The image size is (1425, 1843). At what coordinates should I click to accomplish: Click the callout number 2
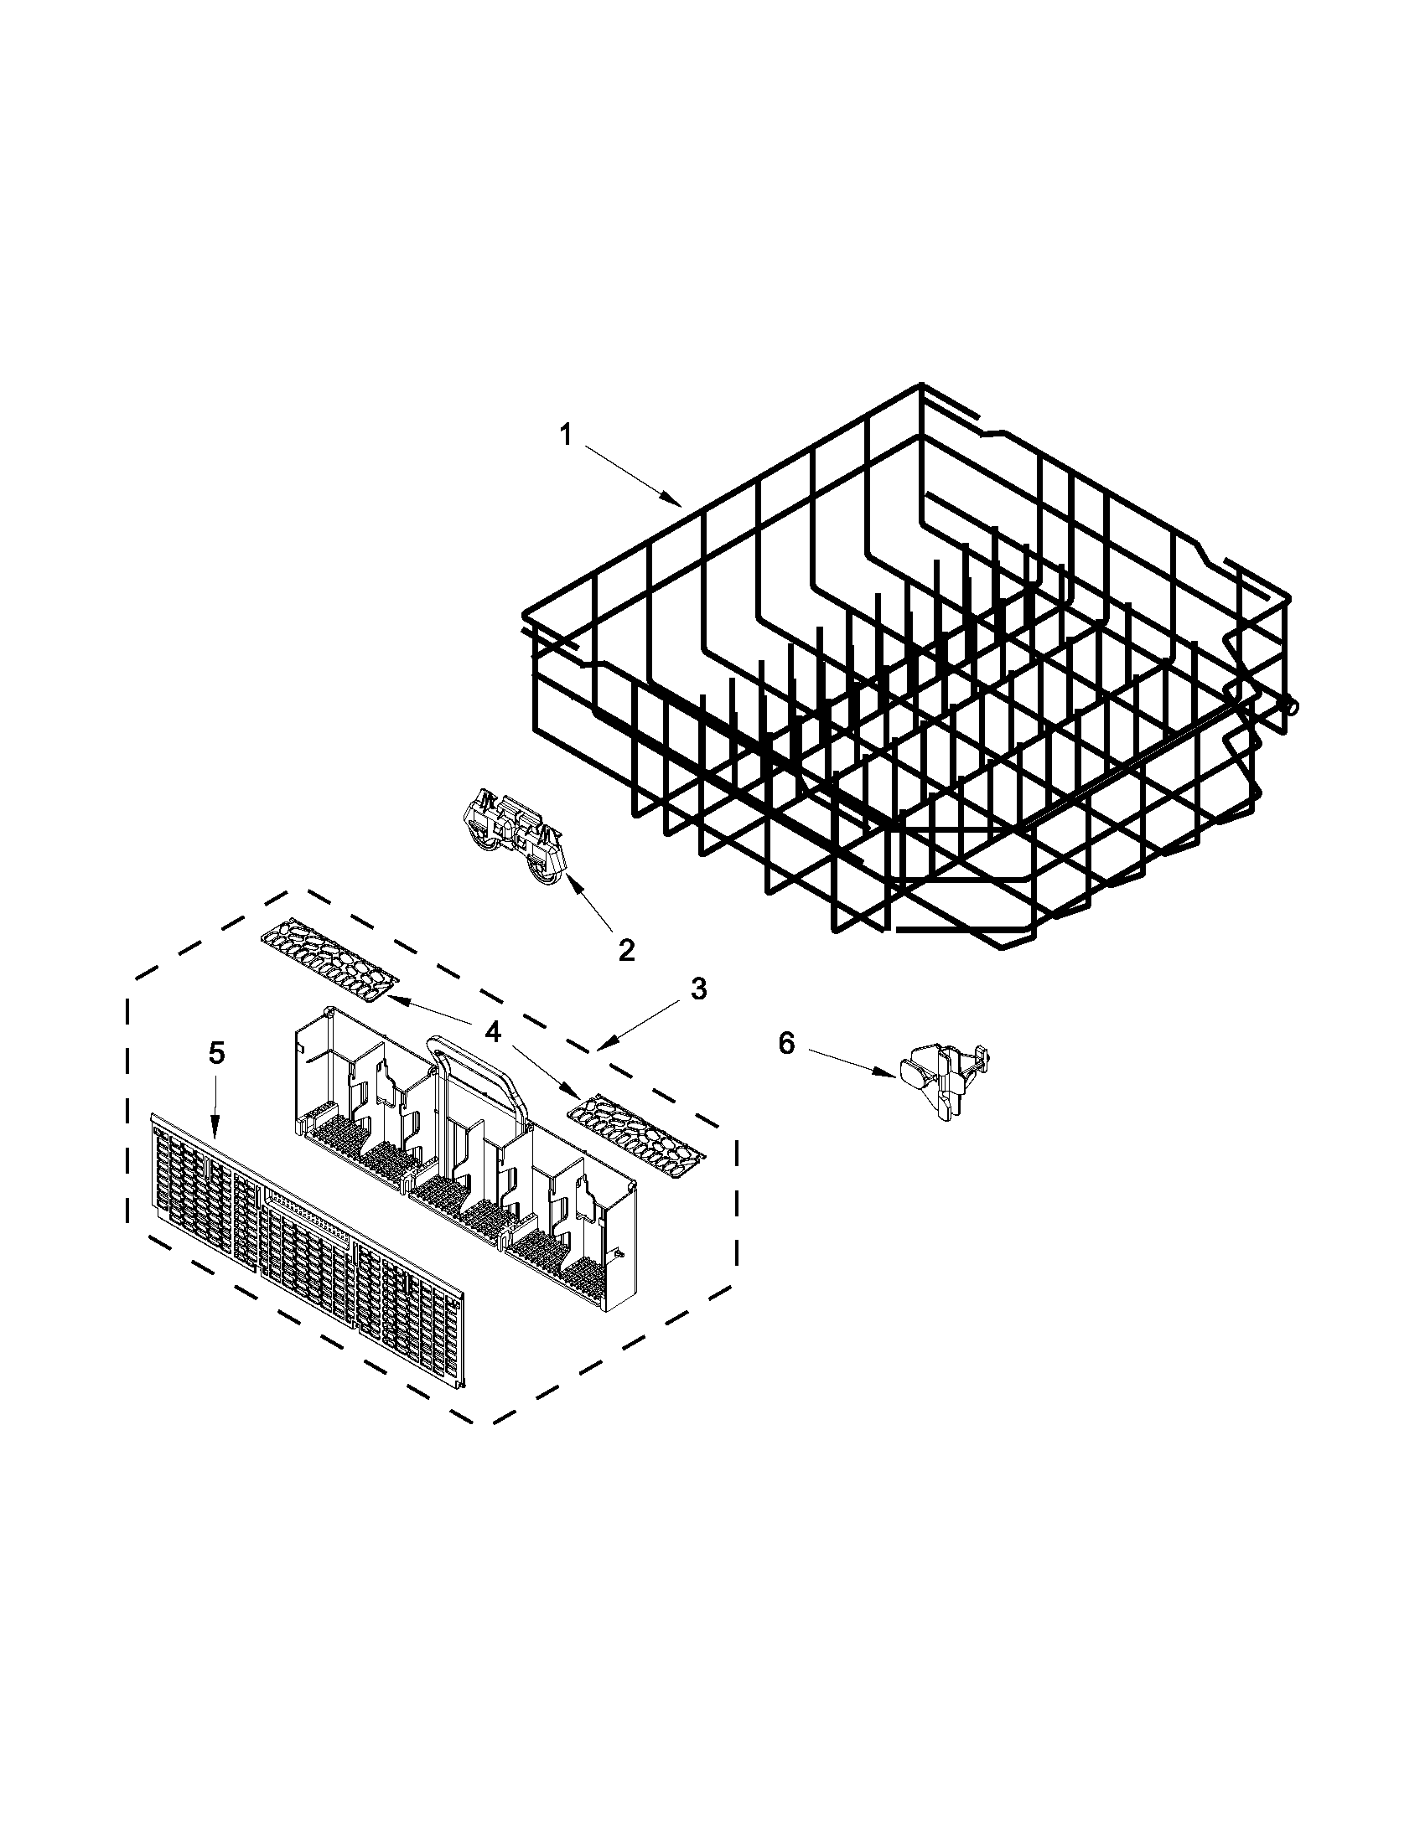tap(625, 950)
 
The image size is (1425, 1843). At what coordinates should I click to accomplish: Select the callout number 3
tap(698, 989)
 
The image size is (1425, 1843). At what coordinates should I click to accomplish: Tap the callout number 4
tap(492, 1031)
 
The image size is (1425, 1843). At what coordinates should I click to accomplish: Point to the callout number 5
tap(217, 1052)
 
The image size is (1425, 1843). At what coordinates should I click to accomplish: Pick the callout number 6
tap(786, 1044)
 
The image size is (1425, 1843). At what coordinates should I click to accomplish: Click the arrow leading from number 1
tap(632, 478)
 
